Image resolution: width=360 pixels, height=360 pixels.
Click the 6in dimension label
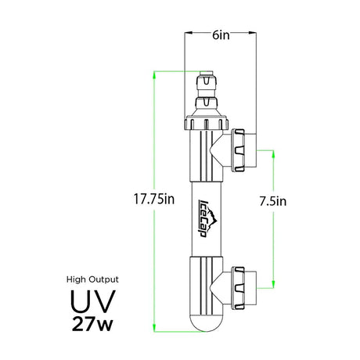[x=221, y=35]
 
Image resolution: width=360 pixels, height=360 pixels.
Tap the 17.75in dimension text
[x=154, y=199]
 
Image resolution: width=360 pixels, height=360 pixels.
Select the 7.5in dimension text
[x=273, y=201]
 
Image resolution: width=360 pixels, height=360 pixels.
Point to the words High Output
[x=92, y=279]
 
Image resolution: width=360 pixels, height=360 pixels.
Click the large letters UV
[x=92, y=301]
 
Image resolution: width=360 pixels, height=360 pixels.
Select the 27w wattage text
[x=92, y=324]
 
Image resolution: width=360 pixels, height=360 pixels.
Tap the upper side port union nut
[x=238, y=150]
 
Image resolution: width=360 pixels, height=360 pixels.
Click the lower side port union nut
[x=238, y=288]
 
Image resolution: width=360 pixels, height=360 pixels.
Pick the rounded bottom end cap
[x=206, y=324]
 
